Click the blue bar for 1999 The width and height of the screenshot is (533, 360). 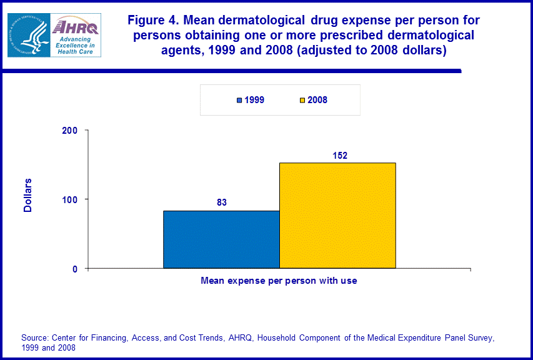coord(221,239)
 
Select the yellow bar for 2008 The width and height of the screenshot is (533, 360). coord(337,216)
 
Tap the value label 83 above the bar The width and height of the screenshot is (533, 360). coord(221,202)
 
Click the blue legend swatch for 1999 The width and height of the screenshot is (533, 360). coord(239,100)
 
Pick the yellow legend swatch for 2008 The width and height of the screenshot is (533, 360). coord(302,100)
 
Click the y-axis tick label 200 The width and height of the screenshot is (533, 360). coord(69,131)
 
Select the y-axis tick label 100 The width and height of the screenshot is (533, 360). coord(69,199)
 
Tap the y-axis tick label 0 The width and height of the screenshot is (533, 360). coord(74,269)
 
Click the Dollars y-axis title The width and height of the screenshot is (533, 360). coord(28,196)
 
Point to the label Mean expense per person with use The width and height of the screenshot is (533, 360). coord(279,281)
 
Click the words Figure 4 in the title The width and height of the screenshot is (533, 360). coord(152,21)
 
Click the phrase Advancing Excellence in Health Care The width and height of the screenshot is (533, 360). coord(76,46)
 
